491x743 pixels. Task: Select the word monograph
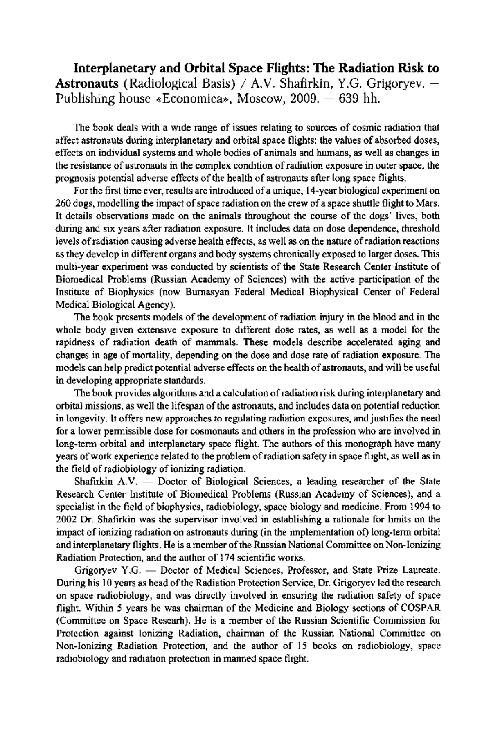point(354,444)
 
